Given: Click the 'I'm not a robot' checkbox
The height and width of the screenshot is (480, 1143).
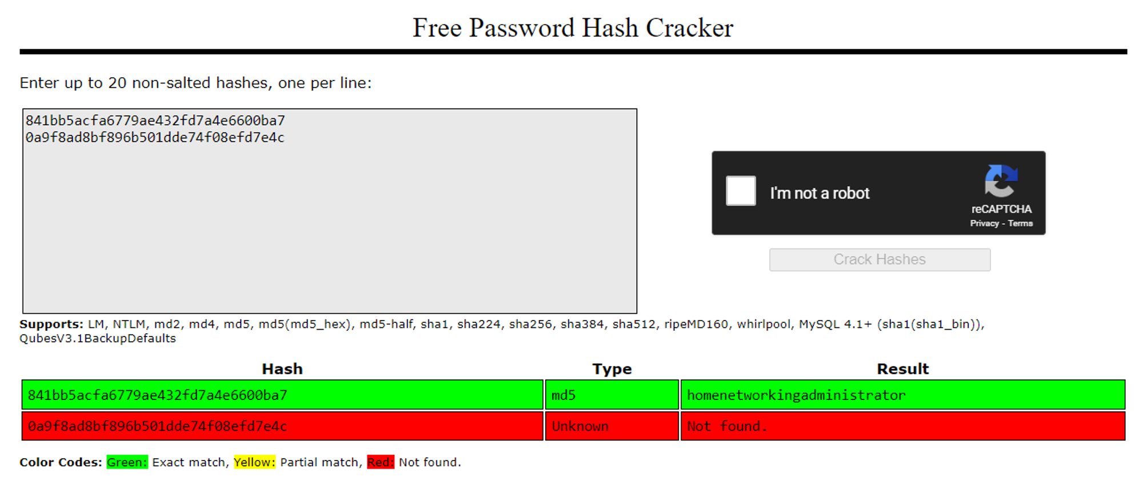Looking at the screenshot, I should point(741,191).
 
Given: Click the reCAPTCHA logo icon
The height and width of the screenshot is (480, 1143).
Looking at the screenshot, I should point(1001,181).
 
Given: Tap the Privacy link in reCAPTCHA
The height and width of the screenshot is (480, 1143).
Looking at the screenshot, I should point(984,223).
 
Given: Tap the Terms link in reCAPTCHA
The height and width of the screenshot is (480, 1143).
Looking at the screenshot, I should point(1020,223).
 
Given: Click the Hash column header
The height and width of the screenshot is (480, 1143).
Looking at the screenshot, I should point(282,369).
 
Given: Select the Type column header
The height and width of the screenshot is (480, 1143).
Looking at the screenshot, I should point(612,369).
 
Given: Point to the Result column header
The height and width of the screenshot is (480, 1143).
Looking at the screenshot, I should point(902,369).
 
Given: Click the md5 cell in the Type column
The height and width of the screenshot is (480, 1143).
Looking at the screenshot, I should point(612,395).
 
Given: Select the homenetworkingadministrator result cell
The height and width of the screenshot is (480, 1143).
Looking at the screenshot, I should point(902,395).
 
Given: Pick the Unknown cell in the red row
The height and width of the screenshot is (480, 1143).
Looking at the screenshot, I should point(612,426).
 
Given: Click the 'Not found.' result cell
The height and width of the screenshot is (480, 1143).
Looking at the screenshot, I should point(902,426).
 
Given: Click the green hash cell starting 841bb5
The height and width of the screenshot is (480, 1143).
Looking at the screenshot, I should point(282,395).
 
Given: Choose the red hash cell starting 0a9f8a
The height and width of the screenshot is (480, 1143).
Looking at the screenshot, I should point(282,426).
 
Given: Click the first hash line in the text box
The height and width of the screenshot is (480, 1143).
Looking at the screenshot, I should point(155,121).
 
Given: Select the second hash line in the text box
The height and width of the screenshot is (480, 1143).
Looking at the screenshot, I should point(155,138).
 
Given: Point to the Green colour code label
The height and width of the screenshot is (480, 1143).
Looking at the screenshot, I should point(127,462).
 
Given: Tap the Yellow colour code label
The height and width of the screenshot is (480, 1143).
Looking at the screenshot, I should point(254,462).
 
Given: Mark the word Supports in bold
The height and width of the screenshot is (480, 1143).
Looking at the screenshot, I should point(51,325).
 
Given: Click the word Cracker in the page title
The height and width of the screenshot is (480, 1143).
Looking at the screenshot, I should point(689,28).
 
